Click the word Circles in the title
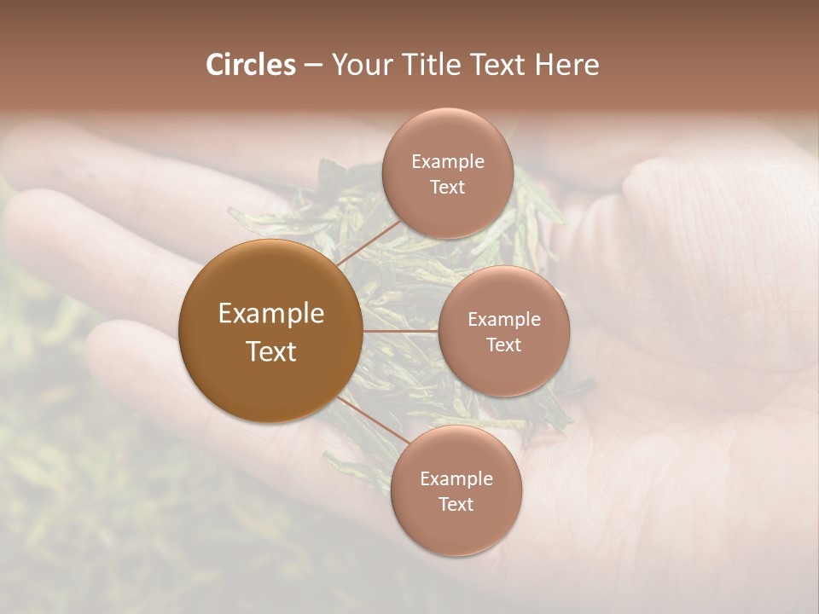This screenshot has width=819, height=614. point(251,65)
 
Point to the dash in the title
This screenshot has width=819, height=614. point(313,66)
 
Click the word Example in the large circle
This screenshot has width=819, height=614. point(270,314)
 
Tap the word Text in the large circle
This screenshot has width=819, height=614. point(270,351)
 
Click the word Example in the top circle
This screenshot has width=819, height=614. point(447,161)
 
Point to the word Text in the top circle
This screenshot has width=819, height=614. point(447,188)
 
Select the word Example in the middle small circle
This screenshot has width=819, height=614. point(503,319)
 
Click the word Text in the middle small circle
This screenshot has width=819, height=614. point(503,345)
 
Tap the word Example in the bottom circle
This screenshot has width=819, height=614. point(456,478)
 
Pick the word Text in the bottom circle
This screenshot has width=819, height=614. point(456,505)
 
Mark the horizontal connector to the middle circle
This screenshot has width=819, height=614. point(400,330)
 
